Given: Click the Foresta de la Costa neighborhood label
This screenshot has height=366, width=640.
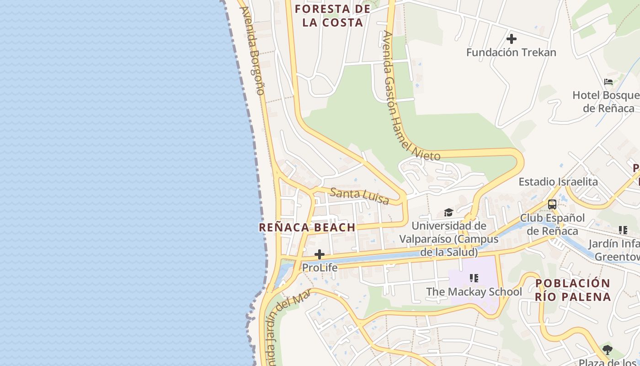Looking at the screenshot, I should (x=332, y=16).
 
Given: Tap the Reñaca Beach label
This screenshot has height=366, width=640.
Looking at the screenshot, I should (x=307, y=227).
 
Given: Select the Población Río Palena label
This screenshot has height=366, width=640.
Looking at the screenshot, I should (x=573, y=290).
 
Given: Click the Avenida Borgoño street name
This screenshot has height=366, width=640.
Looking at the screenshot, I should (x=252, y=50).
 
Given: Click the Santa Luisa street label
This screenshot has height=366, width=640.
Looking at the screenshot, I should (x=359, y=196).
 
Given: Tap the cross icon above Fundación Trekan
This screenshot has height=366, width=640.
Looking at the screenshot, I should (x=511, y=39).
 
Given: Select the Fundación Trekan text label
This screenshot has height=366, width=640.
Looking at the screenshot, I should (x=511, y=53).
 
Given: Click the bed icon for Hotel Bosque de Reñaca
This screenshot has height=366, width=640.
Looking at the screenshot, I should (x=608, y=82).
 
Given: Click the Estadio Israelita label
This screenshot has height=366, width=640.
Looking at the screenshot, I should (x=558, y=182).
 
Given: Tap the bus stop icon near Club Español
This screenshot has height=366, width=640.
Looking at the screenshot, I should (x=552, y=204).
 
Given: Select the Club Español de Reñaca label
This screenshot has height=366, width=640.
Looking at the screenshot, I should (x=552, y=224).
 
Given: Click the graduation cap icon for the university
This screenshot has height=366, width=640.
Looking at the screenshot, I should (x=448, y=213).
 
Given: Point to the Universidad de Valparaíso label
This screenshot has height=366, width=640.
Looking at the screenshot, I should (x=449, y=239).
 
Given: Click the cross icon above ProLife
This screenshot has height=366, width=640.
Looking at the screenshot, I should (x=320, y=254).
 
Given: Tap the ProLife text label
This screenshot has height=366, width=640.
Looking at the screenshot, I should (x=320, y=268).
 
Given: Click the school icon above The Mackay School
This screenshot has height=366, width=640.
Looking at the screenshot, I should (x=474, y=278).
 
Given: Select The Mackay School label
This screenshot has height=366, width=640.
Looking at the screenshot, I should (x=474, y=292).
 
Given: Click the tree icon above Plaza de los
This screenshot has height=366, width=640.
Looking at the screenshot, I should (x=607, y=350).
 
